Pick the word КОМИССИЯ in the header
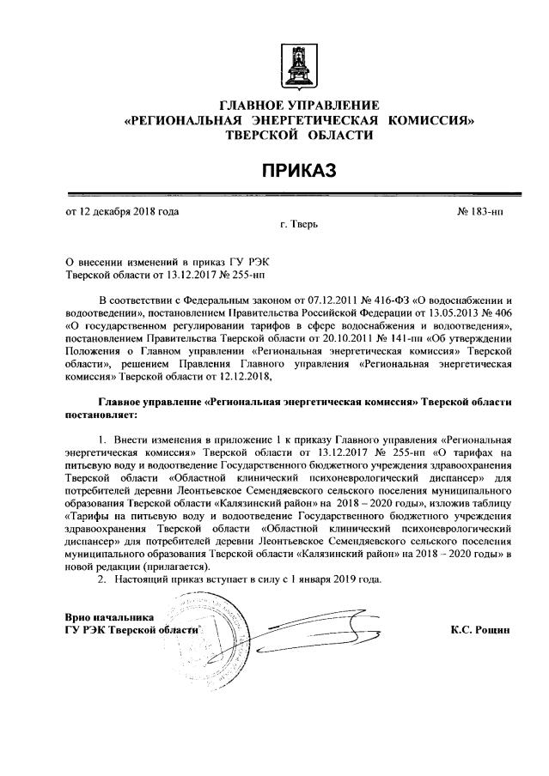[x=432, y=121]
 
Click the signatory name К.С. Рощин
[x=479, y=629]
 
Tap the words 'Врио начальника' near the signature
[x=110, y=616]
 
